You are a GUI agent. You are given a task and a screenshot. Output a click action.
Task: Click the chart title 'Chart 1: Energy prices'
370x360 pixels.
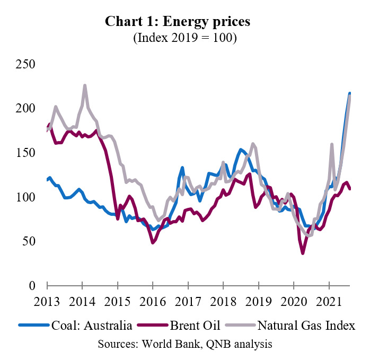[178, 22]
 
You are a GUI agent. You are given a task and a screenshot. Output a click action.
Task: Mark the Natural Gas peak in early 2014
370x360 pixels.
[85, 85]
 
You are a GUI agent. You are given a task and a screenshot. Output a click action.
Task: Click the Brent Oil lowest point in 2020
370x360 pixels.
[303, 253]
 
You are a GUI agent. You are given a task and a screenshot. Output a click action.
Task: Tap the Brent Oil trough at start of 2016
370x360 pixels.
[153, 242]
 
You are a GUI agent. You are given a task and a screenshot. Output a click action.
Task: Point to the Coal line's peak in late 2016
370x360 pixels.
[182, 168]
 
